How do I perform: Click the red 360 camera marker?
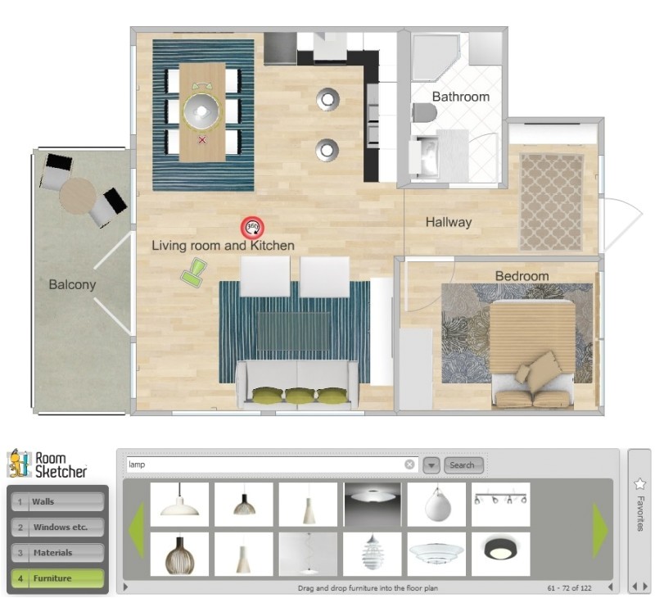point(252,227)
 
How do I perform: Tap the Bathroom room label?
point(461,97)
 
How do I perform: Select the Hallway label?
point(449,221)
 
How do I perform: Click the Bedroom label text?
point(522,276)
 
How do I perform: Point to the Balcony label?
point(72,285)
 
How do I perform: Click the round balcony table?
point(78,196)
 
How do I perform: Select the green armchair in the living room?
point(194,272)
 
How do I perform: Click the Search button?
point(462,465)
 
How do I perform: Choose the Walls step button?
point(57,501)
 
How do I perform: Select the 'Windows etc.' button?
point(57,527)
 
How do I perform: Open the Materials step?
point(57,553)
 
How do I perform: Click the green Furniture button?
point(57,578)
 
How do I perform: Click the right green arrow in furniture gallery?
point(600,529)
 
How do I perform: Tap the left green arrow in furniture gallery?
point(136,529)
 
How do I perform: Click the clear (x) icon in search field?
point(409,465)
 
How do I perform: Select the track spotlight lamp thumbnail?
point(500,504)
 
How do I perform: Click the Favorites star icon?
point(640,484)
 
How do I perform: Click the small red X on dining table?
point(202,140)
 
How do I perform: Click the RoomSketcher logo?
point(47,464)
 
